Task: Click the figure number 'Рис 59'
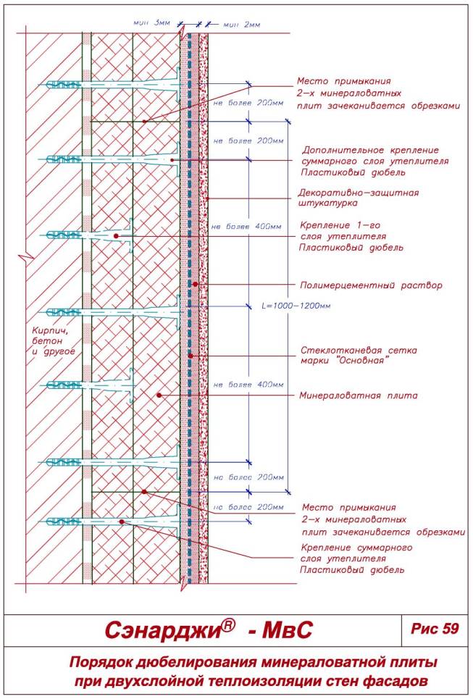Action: point(435,628)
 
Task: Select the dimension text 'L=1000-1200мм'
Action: point(296,306)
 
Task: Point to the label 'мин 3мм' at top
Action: point(151,24)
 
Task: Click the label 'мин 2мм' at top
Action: point(241,24)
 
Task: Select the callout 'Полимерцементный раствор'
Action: point(370,285)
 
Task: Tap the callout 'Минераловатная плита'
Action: point(359,396)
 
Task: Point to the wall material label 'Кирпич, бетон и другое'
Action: point(53,341)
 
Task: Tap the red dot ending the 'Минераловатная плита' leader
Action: point(159,395)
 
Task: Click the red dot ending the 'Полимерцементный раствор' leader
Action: point(195,285)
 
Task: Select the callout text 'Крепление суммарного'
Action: point(356,548)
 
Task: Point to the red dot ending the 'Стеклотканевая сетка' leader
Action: point(190,356)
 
